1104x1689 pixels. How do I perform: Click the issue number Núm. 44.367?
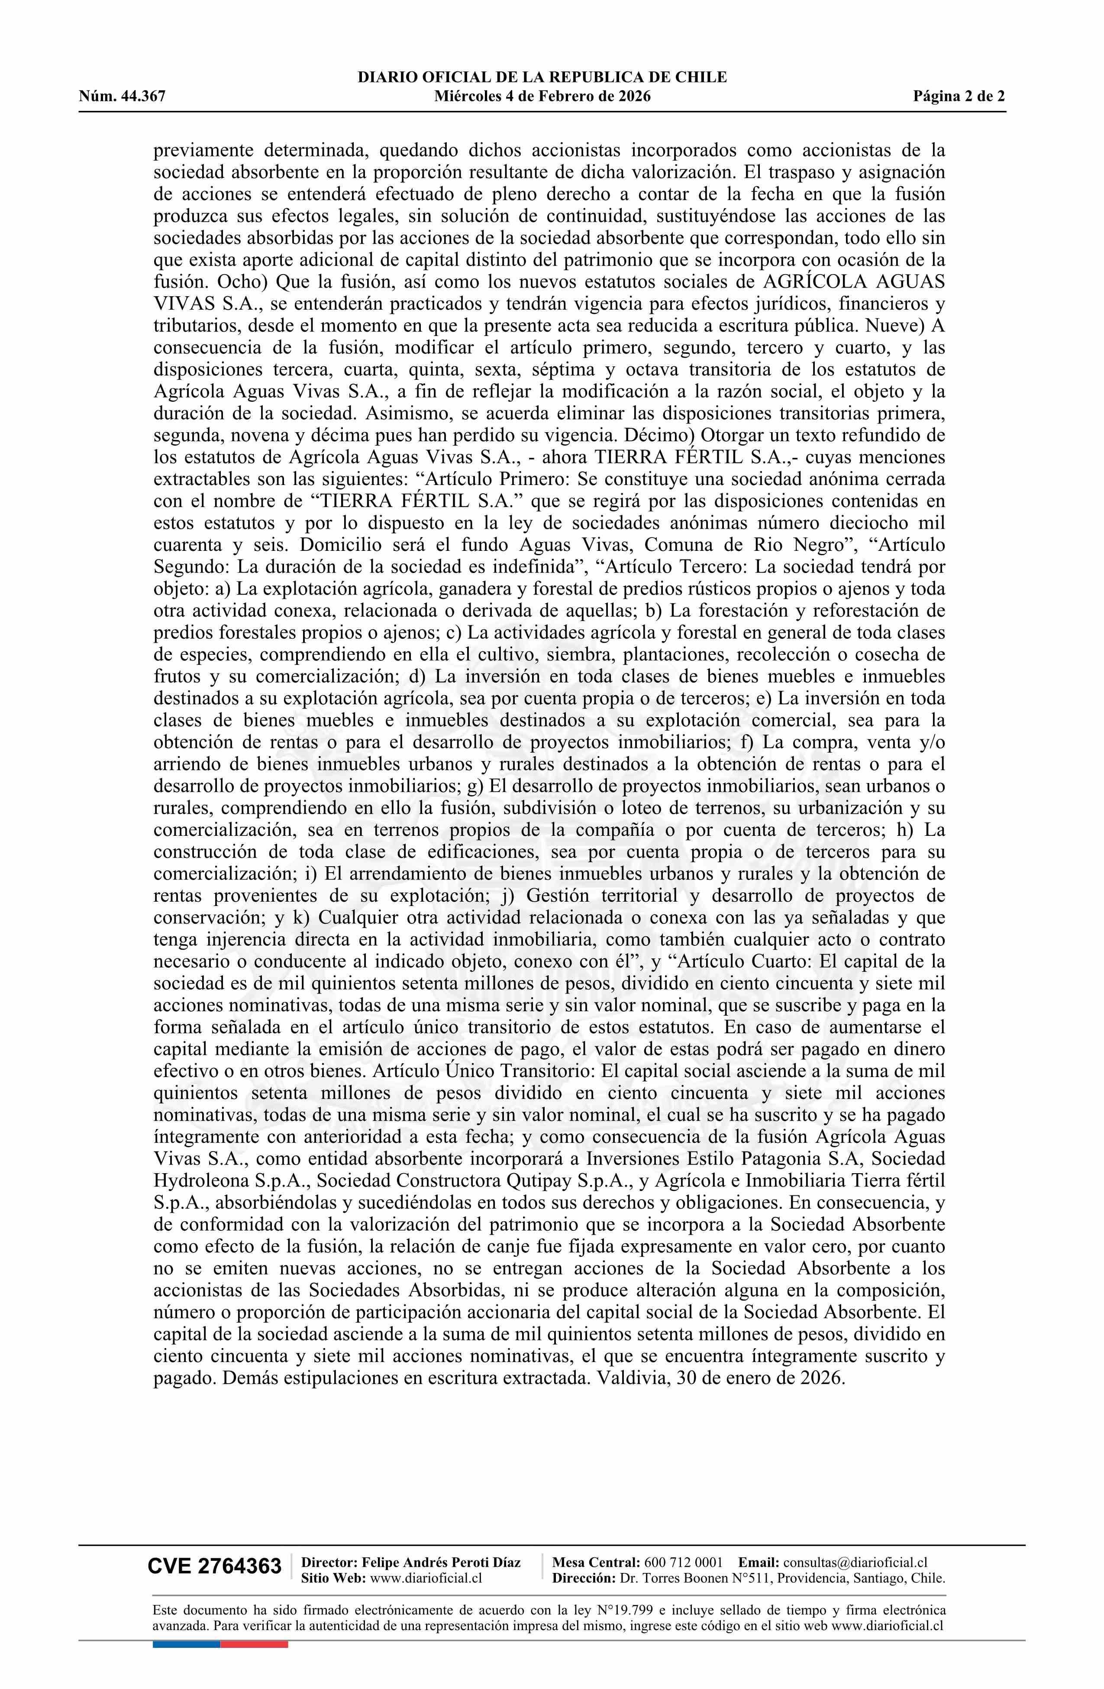coord(122,97)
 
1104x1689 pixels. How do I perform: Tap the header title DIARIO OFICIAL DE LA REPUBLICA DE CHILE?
coord(542,78)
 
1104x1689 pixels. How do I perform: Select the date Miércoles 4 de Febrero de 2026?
coord(542,97)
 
